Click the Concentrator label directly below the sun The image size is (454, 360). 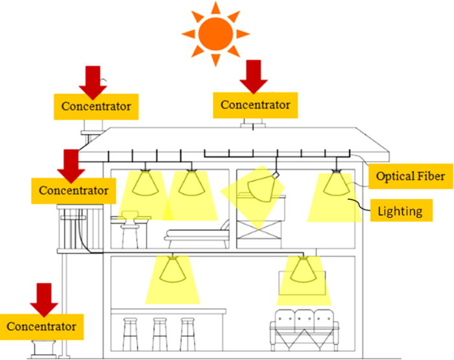pyautogui.click(x=256, y=104)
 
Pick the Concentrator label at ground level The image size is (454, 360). pyautogui.click(x=42, y=325)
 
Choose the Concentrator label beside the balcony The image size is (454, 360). pyautogui.click(x=73, y=191)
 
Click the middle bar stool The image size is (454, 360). pyautogui.click(x=160, y=333)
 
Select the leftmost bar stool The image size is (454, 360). pyautogui.click(x=131, y=333)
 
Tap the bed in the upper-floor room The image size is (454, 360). pyautogui.click(x=197, y=234)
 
